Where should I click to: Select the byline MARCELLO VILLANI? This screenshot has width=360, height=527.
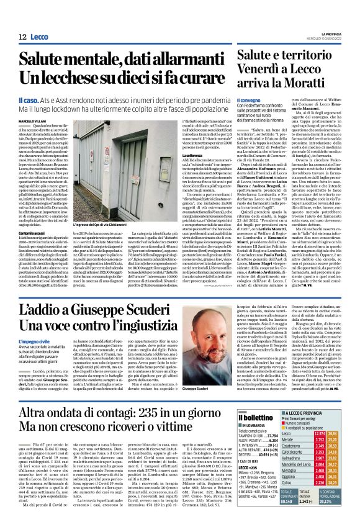[32, 120]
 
